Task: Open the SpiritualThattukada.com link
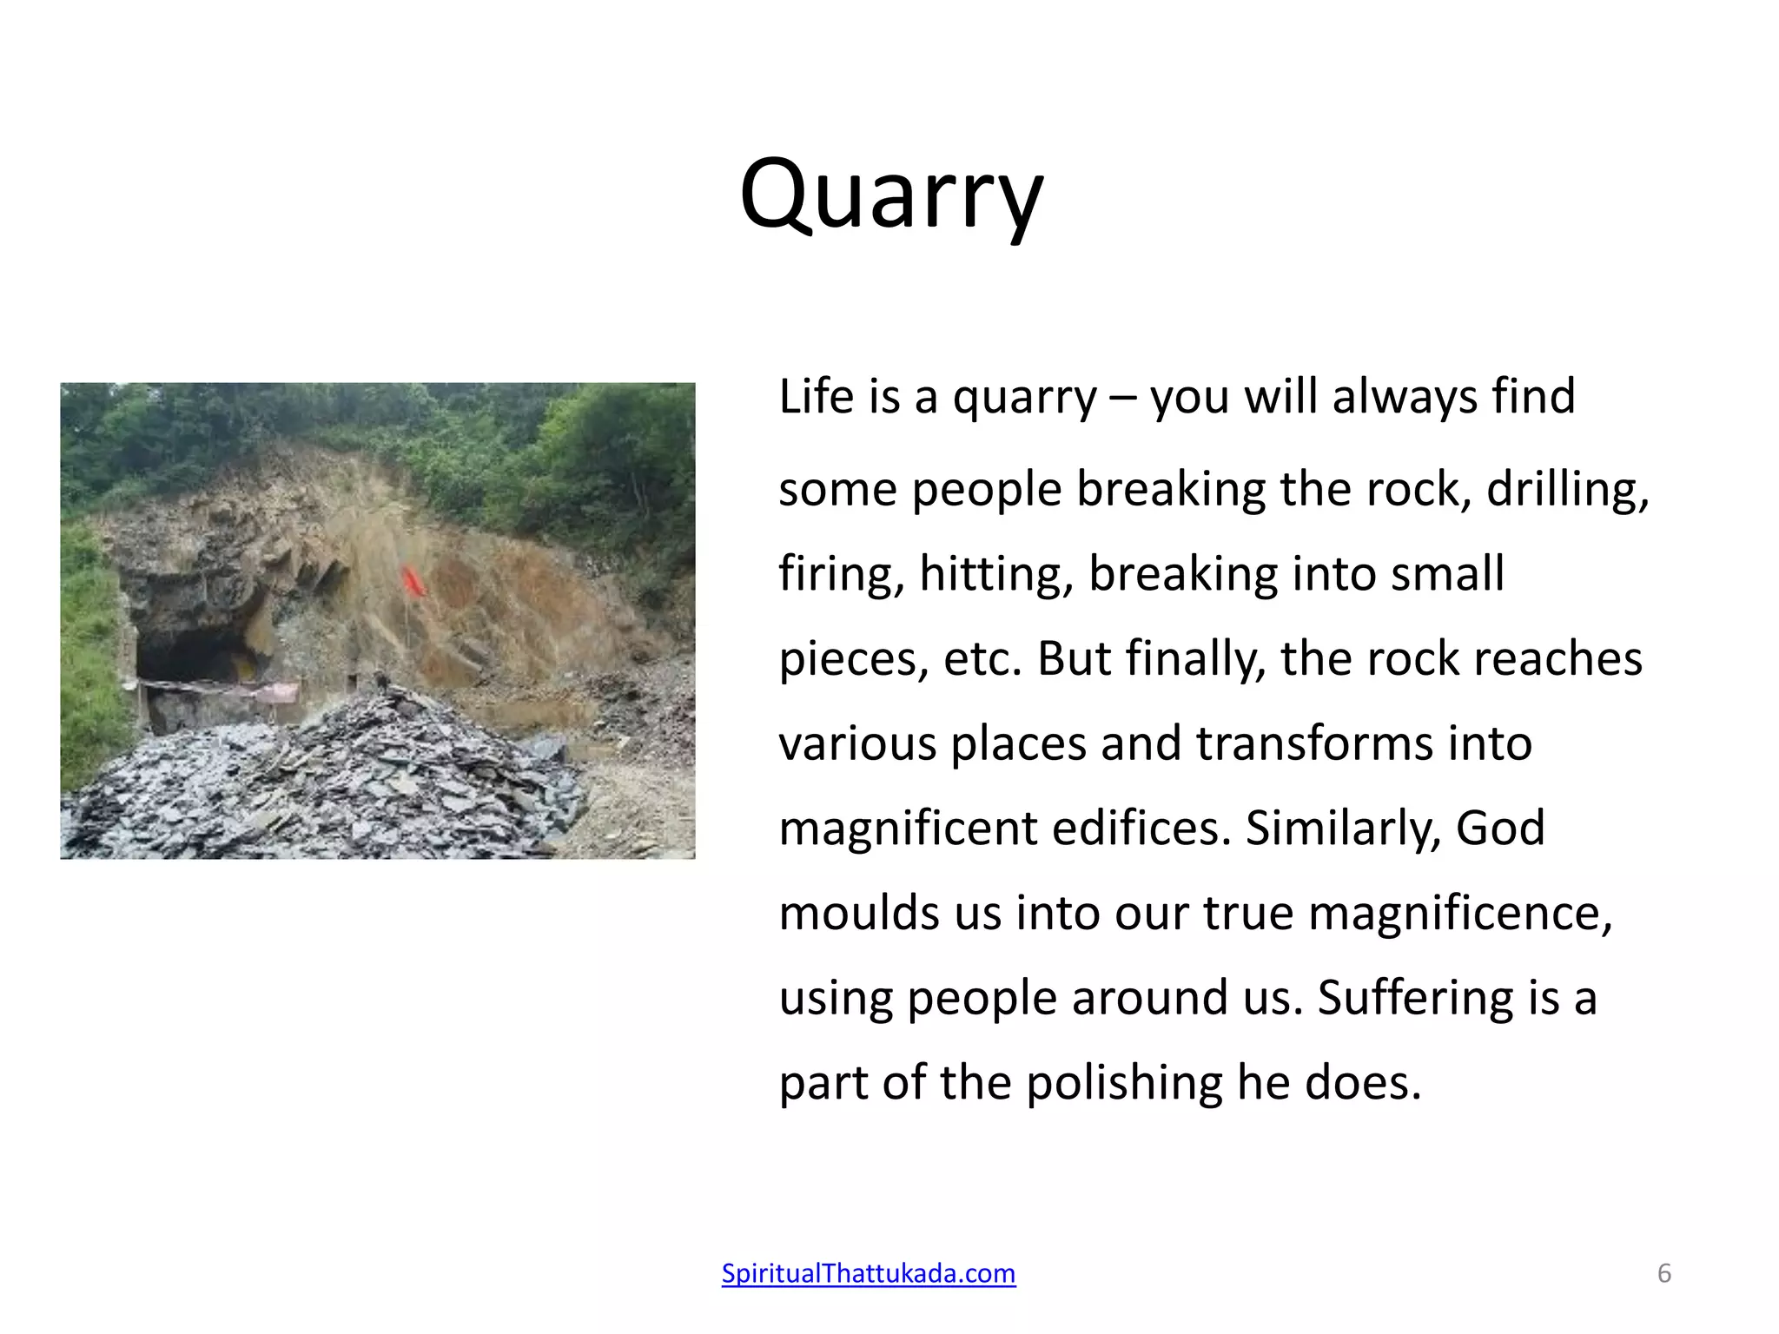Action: tap(869, 1273)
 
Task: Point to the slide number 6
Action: tap(1663, 1273)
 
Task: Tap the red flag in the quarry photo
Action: tap(412, 580)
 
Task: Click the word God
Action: tap(1500, 828)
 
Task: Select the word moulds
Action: tap(859, 913)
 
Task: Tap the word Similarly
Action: tap(1343, 828)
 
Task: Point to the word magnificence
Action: tap(1459, 913)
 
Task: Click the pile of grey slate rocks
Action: tap(330, 782)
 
